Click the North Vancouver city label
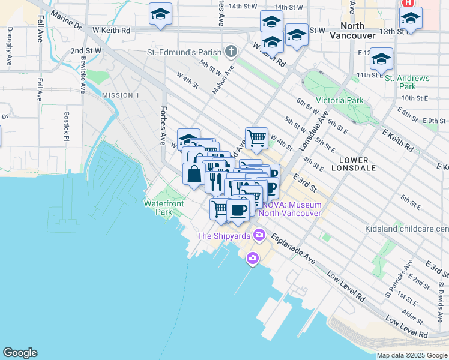(x=359, y=31)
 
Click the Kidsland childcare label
(x=406, y=229)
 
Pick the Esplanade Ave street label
(x=293, y=249)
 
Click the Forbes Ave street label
(x=162, y=125)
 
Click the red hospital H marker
(x=408, y=2)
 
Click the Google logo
(x=20, y=353)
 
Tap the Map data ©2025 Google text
(x=411, y=355)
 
